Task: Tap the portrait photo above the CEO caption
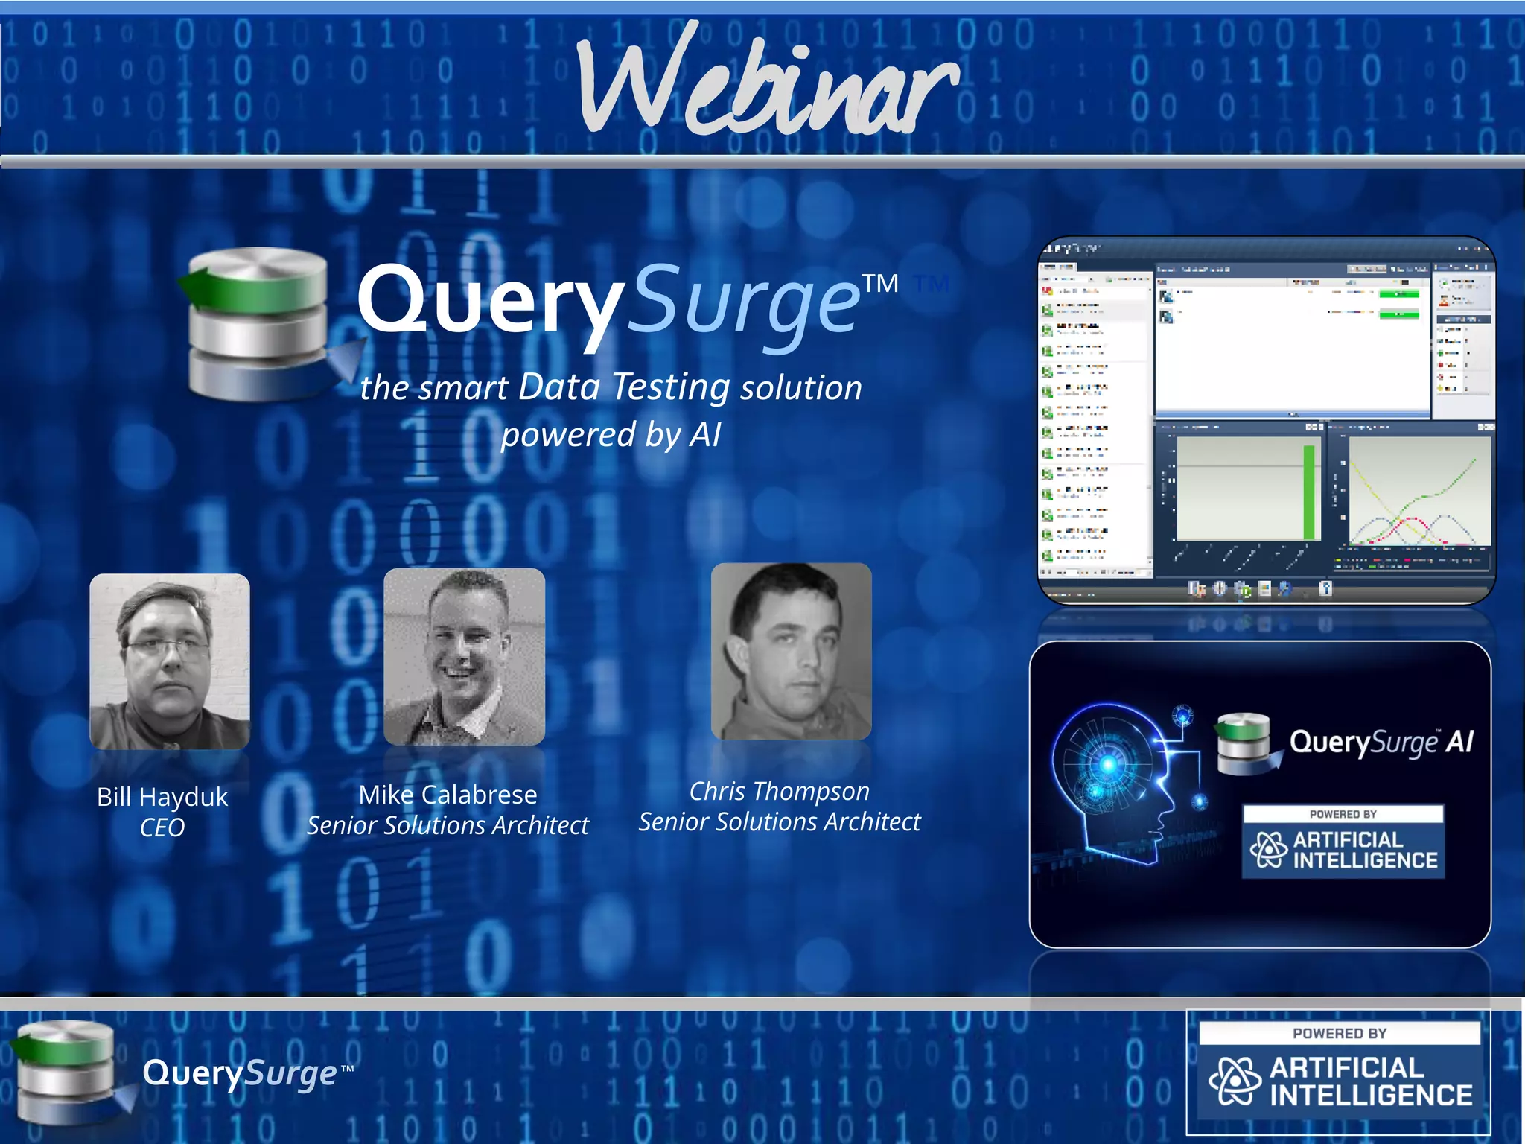pos(170,661)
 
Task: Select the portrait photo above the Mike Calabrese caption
pos(464,656)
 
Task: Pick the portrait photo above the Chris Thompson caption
pos(791,651)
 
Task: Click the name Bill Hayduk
pos(162,797)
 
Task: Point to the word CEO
pos(162,827)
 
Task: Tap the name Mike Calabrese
pos(448,795)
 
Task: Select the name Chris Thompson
pos(779,791)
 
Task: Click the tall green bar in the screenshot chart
pos(1308,492)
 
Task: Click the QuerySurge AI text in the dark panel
pos(1381,742)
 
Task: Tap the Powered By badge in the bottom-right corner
pos(1339,1072)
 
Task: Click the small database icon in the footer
pos(67,1072)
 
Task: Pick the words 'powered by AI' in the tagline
pos(611,434)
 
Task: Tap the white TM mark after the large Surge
pos(880,284)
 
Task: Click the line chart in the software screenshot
pos(1419,492)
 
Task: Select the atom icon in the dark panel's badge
pos(1268,850)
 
